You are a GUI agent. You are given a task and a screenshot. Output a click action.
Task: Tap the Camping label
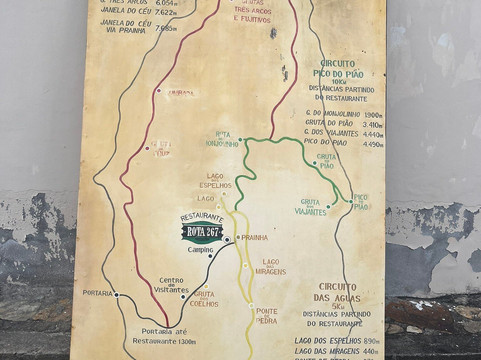click(x=200, y=250)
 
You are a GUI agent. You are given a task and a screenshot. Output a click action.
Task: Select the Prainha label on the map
click(x=255, y=238)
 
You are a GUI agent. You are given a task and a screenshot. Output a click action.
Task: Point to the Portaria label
click(x=97, y=293)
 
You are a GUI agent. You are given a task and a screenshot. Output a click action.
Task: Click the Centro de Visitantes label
click(x=171, y=285)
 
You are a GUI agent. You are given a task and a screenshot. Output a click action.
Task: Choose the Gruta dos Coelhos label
click(x=204, y=299)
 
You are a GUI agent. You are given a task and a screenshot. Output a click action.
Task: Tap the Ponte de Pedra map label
click(x=267, y=315)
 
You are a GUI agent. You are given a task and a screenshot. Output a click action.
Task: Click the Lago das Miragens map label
click(x=271, y=267)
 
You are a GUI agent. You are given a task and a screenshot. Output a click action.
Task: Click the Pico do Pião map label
click(x=360, y=202)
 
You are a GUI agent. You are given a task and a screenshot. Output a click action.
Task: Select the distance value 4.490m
click(x=371, y=144)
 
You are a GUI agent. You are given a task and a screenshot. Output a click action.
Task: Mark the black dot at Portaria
click(x=116, y=294)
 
